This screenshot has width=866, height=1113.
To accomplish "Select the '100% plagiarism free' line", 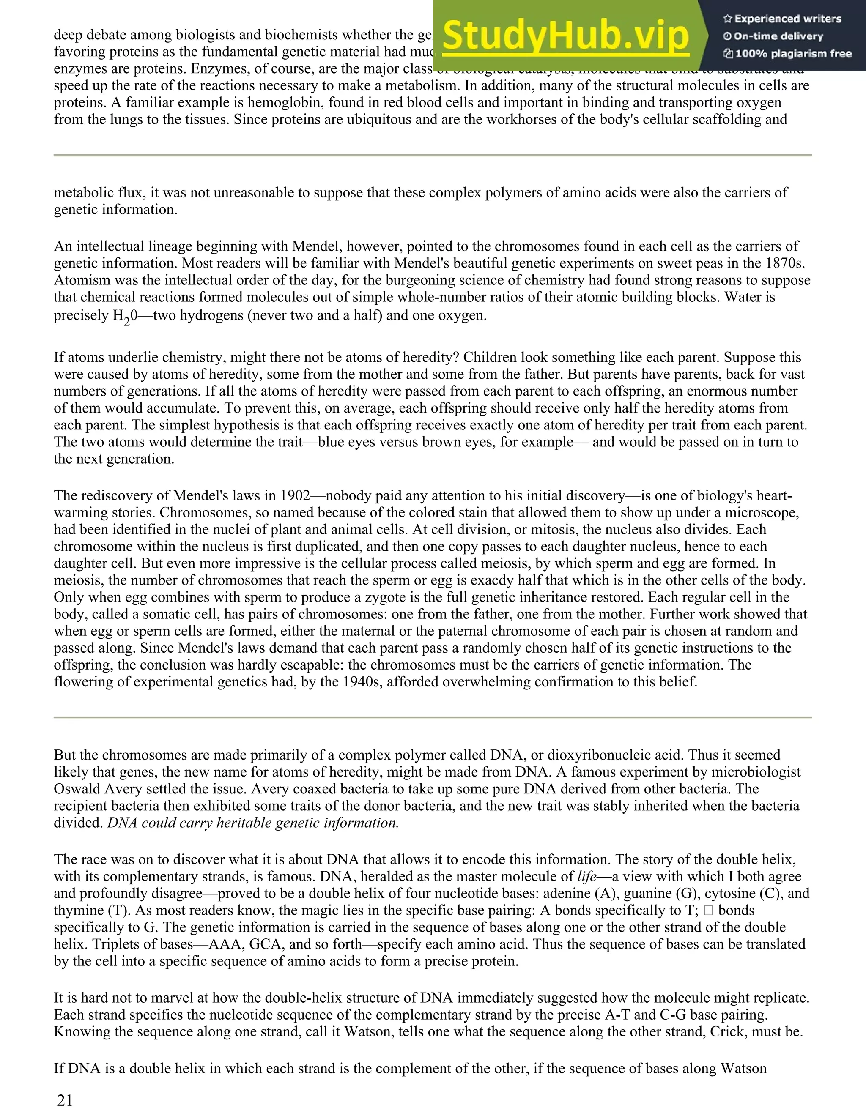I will [x=787, y=54].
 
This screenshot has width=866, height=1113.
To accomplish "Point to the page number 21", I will [x=65, y=1100].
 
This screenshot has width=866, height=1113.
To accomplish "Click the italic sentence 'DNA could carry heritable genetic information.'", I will [x=252, y=823].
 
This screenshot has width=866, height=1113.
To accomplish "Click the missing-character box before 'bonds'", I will [x=709, y=911].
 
